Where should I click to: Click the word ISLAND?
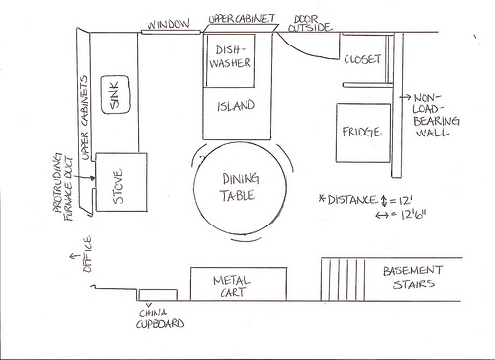coord(237,106)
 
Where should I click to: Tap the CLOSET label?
coord(362,59)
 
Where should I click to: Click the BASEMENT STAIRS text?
coord(413,277)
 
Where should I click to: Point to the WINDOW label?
coord(168,24)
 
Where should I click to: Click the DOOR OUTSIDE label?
coord(309,23)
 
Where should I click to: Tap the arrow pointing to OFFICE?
coord(75,256)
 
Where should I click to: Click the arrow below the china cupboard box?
coord(148,301)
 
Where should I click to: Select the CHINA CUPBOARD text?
coord(159,318)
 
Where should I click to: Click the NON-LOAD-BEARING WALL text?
coord(436,115)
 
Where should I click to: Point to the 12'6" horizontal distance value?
coord(413,215)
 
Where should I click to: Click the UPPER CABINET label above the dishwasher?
coord(242,19)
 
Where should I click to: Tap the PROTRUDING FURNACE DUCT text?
coord(63,187)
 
